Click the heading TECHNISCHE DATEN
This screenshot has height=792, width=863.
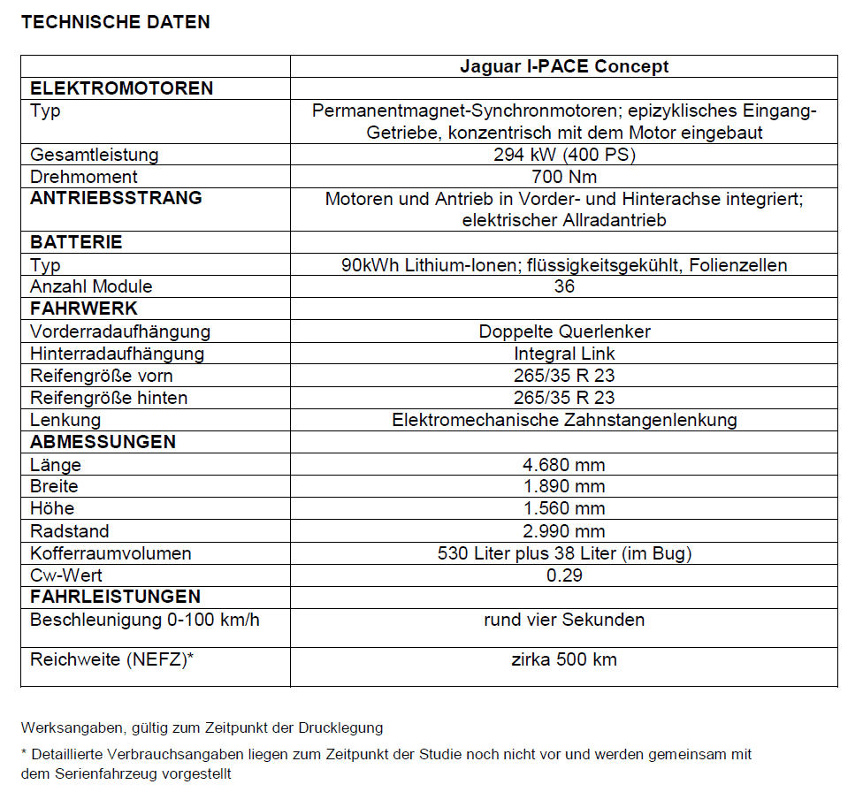point(116,23)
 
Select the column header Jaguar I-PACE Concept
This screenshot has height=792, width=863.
point(564,66)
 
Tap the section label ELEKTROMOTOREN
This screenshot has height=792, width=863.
point(122,88)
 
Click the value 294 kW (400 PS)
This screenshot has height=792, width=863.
point(564,155)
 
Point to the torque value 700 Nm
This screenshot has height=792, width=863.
point(564,177)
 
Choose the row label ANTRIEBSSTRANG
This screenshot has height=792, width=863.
point(116,198)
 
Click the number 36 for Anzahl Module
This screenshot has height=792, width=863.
point(564,286)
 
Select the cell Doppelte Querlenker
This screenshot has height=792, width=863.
point(564,331)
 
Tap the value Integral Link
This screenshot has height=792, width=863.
point(564,354)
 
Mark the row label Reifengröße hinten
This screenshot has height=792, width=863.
point(109,398)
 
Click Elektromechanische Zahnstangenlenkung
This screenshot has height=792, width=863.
point(564,420)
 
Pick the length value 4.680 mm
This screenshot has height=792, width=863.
point(564,465)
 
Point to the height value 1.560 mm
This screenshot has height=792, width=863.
point(564,508)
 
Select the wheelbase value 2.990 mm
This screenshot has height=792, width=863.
point(564,531)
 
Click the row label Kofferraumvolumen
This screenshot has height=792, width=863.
point(111,553)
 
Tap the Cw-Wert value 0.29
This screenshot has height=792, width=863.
point(564,575)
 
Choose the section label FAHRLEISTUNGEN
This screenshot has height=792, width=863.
point(116,597)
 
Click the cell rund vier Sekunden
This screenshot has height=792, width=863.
point(564,620)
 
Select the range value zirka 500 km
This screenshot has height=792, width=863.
point(564,659)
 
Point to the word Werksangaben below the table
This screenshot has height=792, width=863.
point(73,728)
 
